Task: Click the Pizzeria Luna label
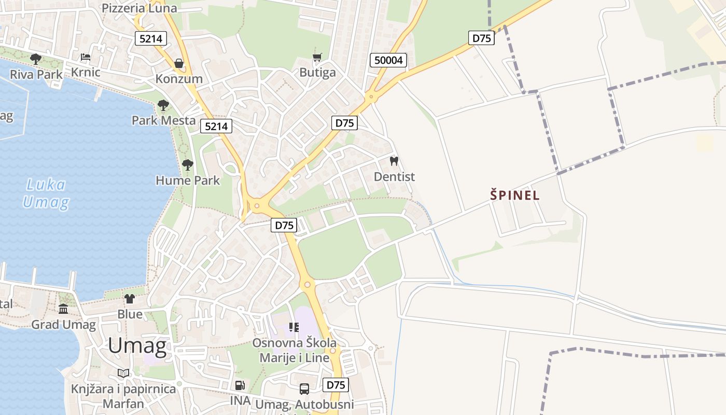click(139, 8)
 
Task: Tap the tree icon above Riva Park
click(36, 59)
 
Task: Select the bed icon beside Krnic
click(86, 57)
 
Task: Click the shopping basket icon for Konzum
click(179, 63)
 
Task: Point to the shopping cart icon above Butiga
click(317, 57)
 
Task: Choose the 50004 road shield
click(388, 60)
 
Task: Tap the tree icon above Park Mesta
click(163, 105)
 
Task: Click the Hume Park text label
click(188, 181)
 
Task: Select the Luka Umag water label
click(46, 193)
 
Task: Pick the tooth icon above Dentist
click(394, 161)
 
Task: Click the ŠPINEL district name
click(515, 196)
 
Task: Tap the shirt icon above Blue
click(130, 299)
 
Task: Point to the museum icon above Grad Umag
click(63, 309)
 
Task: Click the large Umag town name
click(137, 345)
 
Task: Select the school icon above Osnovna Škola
click(294, 327)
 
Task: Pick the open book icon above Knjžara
click(123, 373)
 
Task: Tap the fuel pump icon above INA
click(240, 385)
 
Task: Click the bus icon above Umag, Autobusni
click(304, 389)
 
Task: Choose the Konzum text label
click(179, 79)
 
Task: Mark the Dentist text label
click(394, 176)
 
